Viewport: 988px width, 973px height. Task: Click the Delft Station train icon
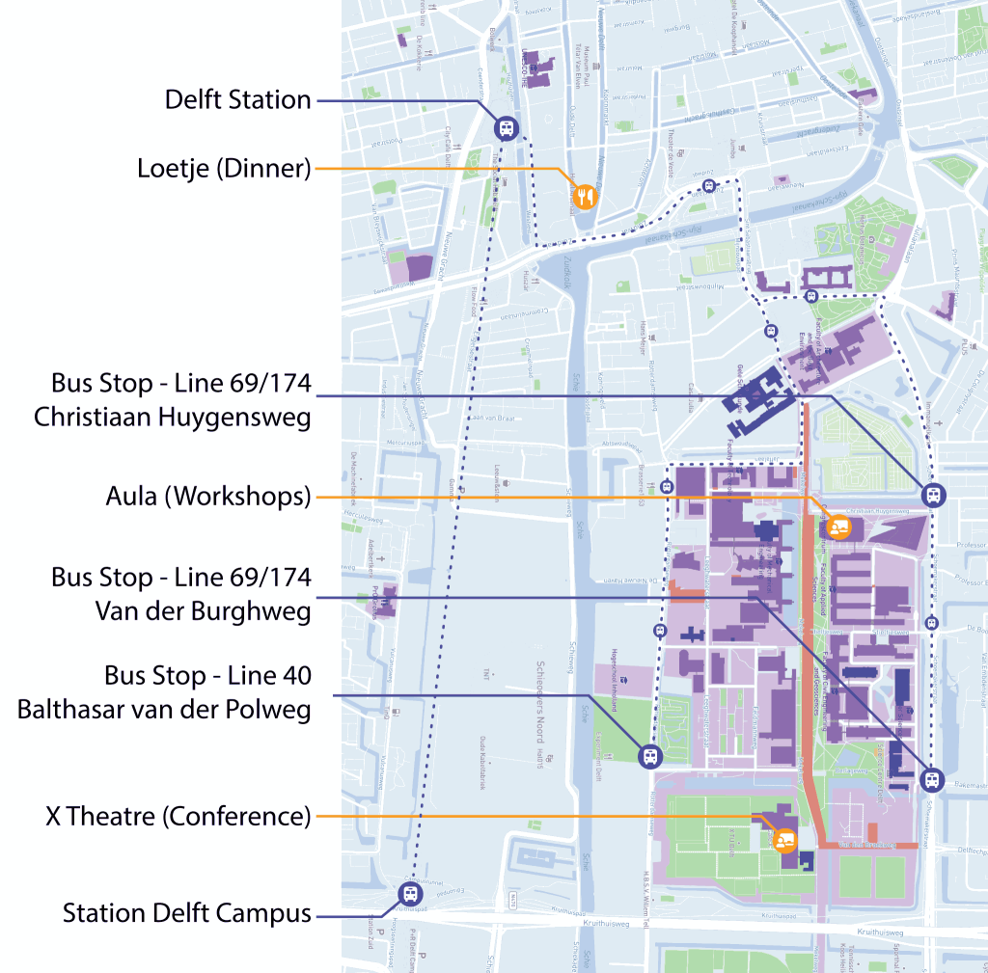[506, 129]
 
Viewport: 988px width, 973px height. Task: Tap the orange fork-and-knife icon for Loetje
[584, 197]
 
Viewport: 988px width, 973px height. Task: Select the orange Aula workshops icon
[837, 527]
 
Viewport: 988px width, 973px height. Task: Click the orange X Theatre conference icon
[783, 840]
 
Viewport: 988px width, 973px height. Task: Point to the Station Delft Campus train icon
[410, 895]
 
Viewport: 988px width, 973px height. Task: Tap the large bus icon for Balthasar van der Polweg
[651, 756]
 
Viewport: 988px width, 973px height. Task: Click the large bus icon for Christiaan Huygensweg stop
[933, 496]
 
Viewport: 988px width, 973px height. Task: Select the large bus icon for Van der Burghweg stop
[932, 779]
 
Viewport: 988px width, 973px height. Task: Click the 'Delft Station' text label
[237, 100]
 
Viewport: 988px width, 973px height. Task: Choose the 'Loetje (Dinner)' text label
[224, 169]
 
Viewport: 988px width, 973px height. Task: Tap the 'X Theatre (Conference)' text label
[178, 817]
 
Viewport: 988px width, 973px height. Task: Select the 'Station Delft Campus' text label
[187, 912]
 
